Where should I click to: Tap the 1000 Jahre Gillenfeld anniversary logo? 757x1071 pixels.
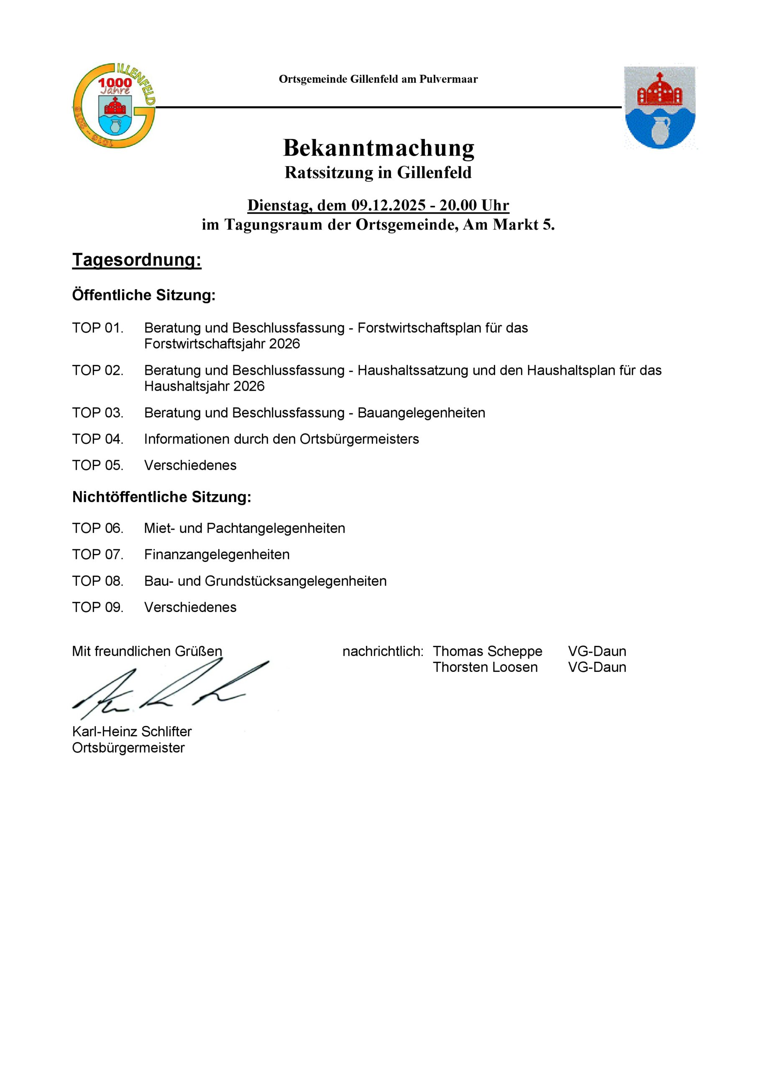[114, 106]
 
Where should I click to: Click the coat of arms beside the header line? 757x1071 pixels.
[660, 107]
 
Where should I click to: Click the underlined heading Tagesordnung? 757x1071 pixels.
[137, 260]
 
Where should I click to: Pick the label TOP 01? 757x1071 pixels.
[97, 328]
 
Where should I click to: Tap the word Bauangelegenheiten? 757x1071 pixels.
[421, 413]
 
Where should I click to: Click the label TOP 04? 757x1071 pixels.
[97, 439]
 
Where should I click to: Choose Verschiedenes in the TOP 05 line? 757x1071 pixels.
[190, 465]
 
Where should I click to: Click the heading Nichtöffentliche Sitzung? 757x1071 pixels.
[161, 497]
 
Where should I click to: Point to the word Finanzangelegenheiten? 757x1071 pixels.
[217, 554]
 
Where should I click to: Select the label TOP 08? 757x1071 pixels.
[97, 581]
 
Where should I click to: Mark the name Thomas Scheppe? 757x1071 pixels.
[487, 651]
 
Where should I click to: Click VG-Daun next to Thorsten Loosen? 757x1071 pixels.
[597, 667]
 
